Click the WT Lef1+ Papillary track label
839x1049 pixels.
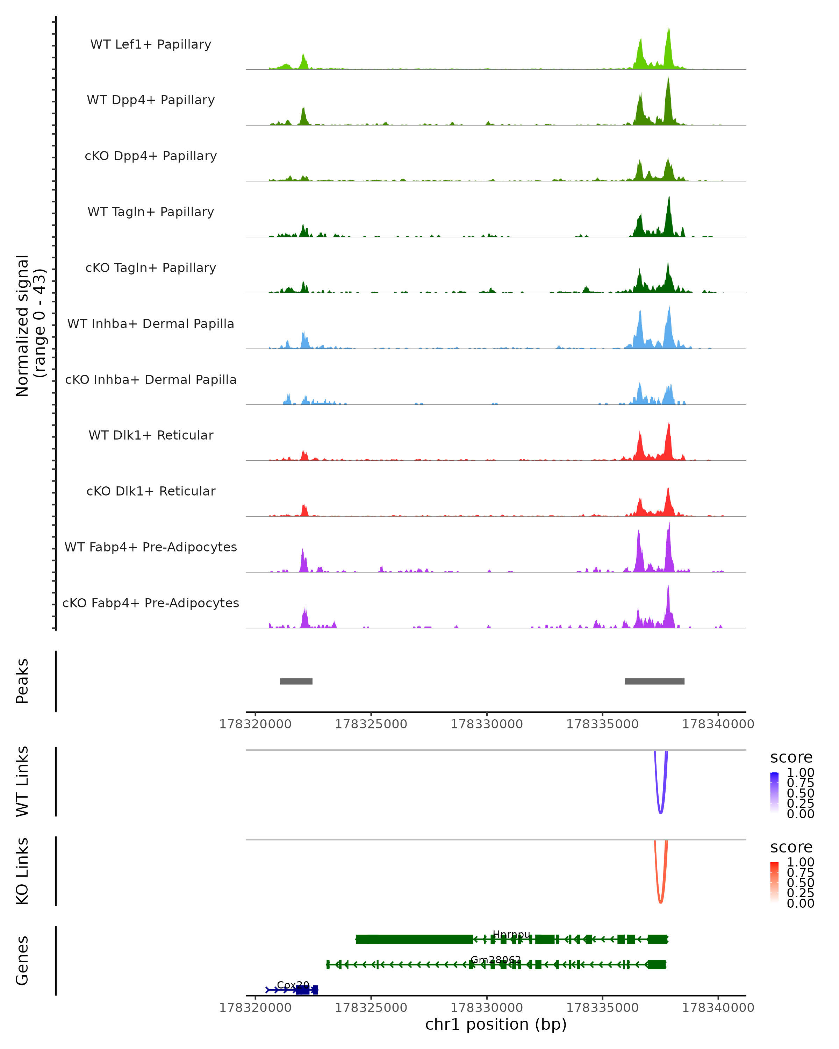pyautogui.click(x=151, y=45)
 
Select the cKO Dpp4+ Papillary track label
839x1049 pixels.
pyautogui.click(x=151, y=156)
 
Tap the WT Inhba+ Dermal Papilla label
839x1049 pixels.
pyautogui.click(x=151, y=324)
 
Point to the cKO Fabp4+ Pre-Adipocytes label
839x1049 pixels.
pyautogui.click(x=151, y=603)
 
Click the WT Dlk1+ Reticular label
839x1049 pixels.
pyautogui.click(x=151, y=435)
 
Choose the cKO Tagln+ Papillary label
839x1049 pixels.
pyautogui.click(x=151, y=268)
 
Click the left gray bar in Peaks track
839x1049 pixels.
pyautogui.click(x=296, y=681)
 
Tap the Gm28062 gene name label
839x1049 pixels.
pyautogui.click(x=496, y=960)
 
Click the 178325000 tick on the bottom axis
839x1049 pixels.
pyautogui.click(x=371, y=1008)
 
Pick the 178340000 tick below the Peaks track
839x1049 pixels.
pyautogui.click(x=718, y=725)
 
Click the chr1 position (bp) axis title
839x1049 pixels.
pyautogui.click(x=496, y=1025)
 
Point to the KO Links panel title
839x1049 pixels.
pyautogui.click(x=22, y=871)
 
